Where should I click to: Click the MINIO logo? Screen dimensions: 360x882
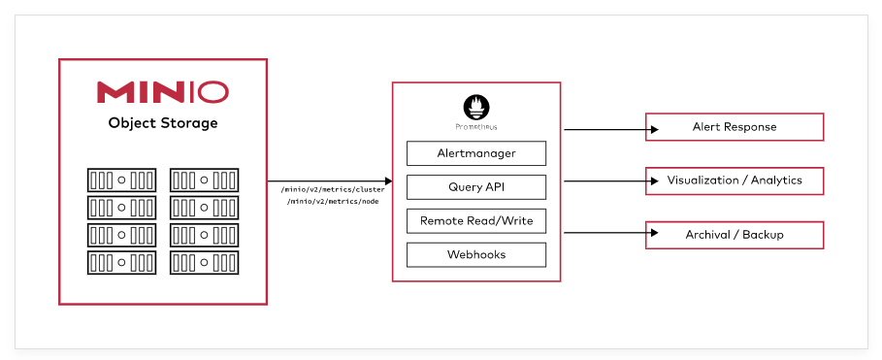click(x=162, y=92)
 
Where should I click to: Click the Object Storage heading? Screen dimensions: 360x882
click(x=162, y=123)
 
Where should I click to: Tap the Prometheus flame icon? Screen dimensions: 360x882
click(x=475, y=106)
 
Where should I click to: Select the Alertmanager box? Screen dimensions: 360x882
click(x=475, y=153)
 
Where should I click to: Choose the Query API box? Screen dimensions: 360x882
click(x=475, y=187)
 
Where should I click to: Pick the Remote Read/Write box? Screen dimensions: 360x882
click(x=475, y=221)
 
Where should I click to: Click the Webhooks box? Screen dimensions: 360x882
click(x=475, y=255)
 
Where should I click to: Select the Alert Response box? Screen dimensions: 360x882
click(x=735, y=127)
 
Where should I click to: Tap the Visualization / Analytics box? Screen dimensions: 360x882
click(x=735, y=180)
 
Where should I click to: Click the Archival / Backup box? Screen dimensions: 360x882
click(x=735, y=235)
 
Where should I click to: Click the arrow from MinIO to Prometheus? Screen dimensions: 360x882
click(x=330, y=180)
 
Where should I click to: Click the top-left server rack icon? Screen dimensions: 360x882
click(x=121, y=180)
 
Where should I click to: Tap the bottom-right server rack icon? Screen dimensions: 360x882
click(x=204, y=262)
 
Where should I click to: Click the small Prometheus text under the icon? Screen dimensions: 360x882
click(x=475, y=127)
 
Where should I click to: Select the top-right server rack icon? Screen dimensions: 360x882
click(x=204, y=180)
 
